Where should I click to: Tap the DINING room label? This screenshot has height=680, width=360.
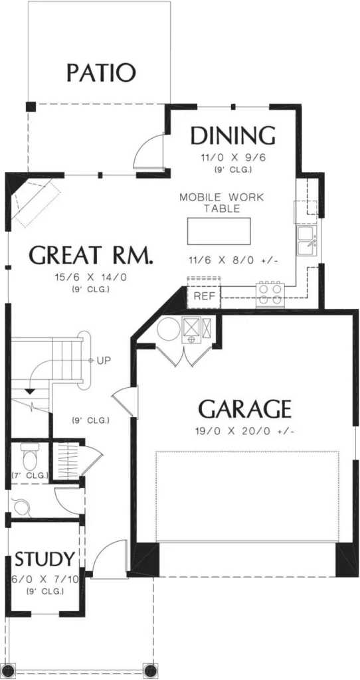pos(232,135)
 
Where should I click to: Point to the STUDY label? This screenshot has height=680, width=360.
pos(45,558)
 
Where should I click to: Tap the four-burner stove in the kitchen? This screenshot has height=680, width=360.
pos(271,294)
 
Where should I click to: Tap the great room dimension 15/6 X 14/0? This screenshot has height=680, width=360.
pos(91,278)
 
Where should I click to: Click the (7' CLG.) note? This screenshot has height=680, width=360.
pos(30,475)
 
